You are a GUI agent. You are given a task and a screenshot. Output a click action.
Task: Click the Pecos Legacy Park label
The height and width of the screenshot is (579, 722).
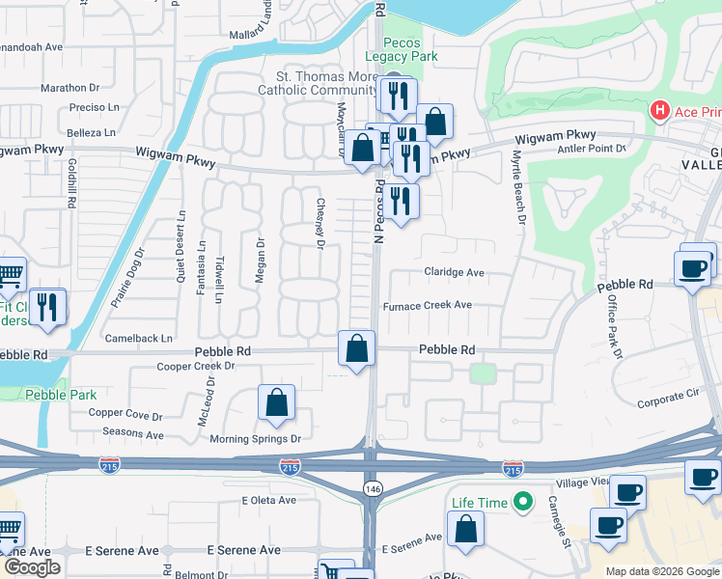pos(410,50)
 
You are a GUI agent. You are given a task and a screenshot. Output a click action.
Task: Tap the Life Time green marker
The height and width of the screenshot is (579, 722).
pos(523,502)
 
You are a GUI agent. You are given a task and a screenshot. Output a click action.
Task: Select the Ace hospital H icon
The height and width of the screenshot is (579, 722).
pos(660,111)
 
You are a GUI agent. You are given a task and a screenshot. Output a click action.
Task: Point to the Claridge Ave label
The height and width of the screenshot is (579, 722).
pos(454,272)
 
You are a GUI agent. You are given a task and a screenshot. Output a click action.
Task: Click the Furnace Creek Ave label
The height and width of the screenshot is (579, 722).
pos(427,305)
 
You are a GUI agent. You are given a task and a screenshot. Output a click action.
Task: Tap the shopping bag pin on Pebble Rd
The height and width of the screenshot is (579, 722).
pos(357,348)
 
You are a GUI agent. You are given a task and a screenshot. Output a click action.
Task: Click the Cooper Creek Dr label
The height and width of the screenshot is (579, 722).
pos(197,367)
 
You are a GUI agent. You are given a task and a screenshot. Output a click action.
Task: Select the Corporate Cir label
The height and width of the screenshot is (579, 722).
pos(667,395)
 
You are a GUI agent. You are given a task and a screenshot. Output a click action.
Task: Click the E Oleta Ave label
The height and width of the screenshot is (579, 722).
pos(269,500)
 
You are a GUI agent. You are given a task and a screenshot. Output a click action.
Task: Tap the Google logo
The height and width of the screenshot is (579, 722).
pos(32,567)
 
